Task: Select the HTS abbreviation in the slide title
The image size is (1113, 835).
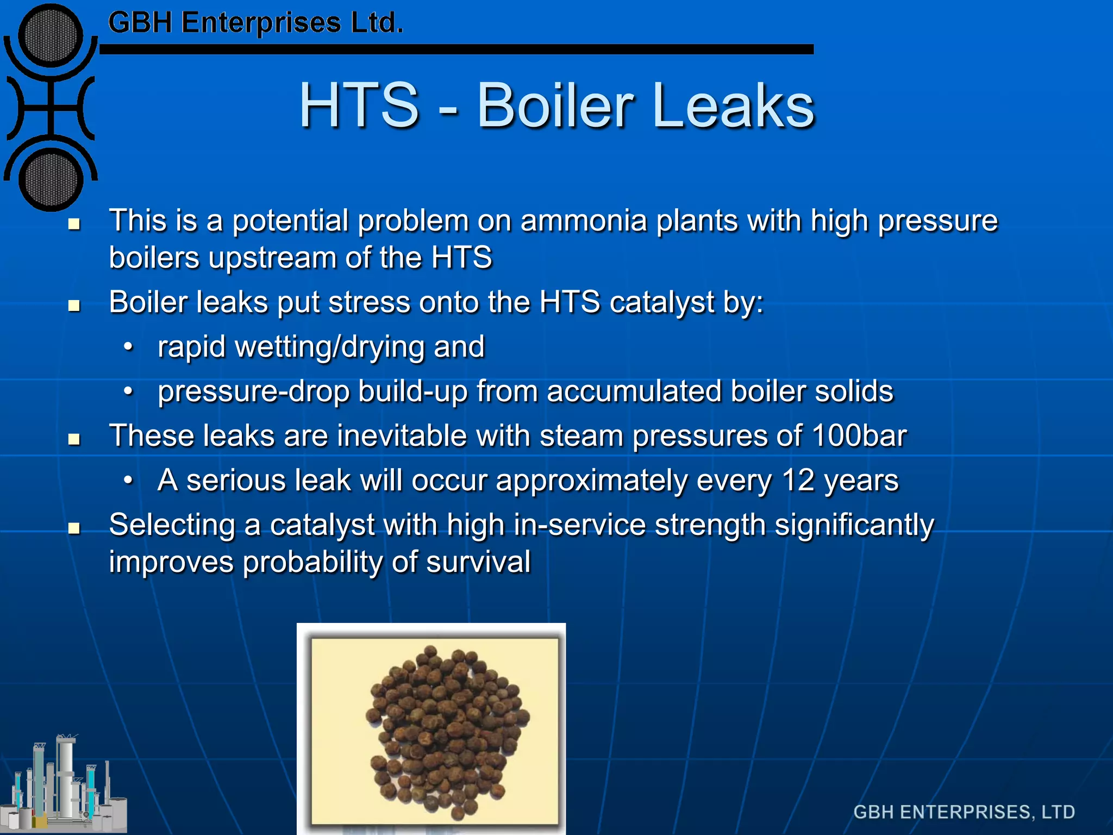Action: coord(359,105)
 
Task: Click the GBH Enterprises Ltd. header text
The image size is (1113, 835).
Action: coord(255,23)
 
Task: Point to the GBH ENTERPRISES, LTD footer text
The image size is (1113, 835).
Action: coord(964,812)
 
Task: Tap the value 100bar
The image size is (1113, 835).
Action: coord(859,436)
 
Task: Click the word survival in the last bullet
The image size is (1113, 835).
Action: coord(478,562)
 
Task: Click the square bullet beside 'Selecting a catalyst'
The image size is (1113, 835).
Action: coord(74,527)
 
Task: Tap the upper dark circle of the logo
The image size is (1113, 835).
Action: coord(51,36)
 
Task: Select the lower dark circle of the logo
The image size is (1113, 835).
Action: coord(51,179)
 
